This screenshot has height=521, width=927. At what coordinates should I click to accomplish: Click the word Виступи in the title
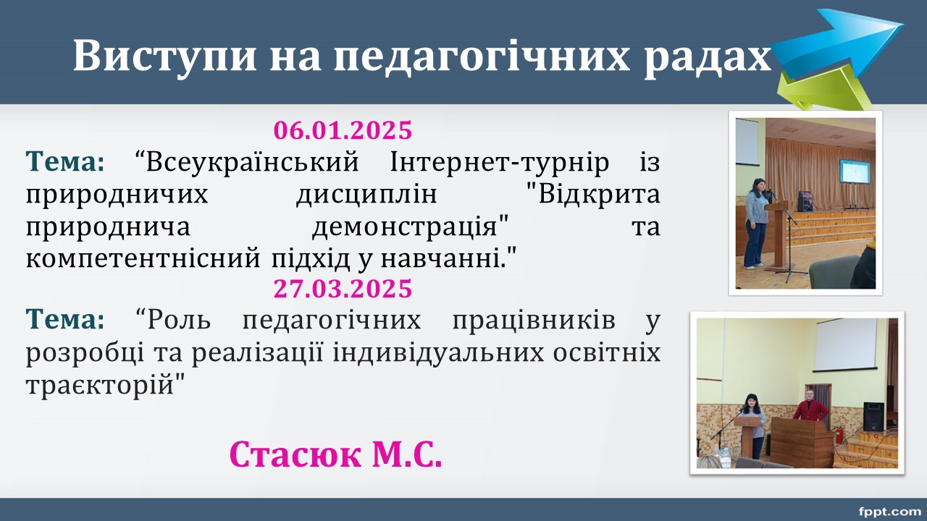tap(164, 56)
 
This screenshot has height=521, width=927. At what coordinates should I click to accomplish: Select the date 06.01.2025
tap(343, 130)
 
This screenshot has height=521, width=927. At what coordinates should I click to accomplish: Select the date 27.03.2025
tap(343, 288)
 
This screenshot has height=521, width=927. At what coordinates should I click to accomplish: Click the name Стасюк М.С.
tap(335, 454)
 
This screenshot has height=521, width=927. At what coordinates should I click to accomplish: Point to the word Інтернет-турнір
tap(500, 162)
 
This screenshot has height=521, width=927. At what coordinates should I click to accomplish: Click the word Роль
tap(179, 321)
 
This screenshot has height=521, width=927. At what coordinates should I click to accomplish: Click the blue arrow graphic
tap(836, 43)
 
